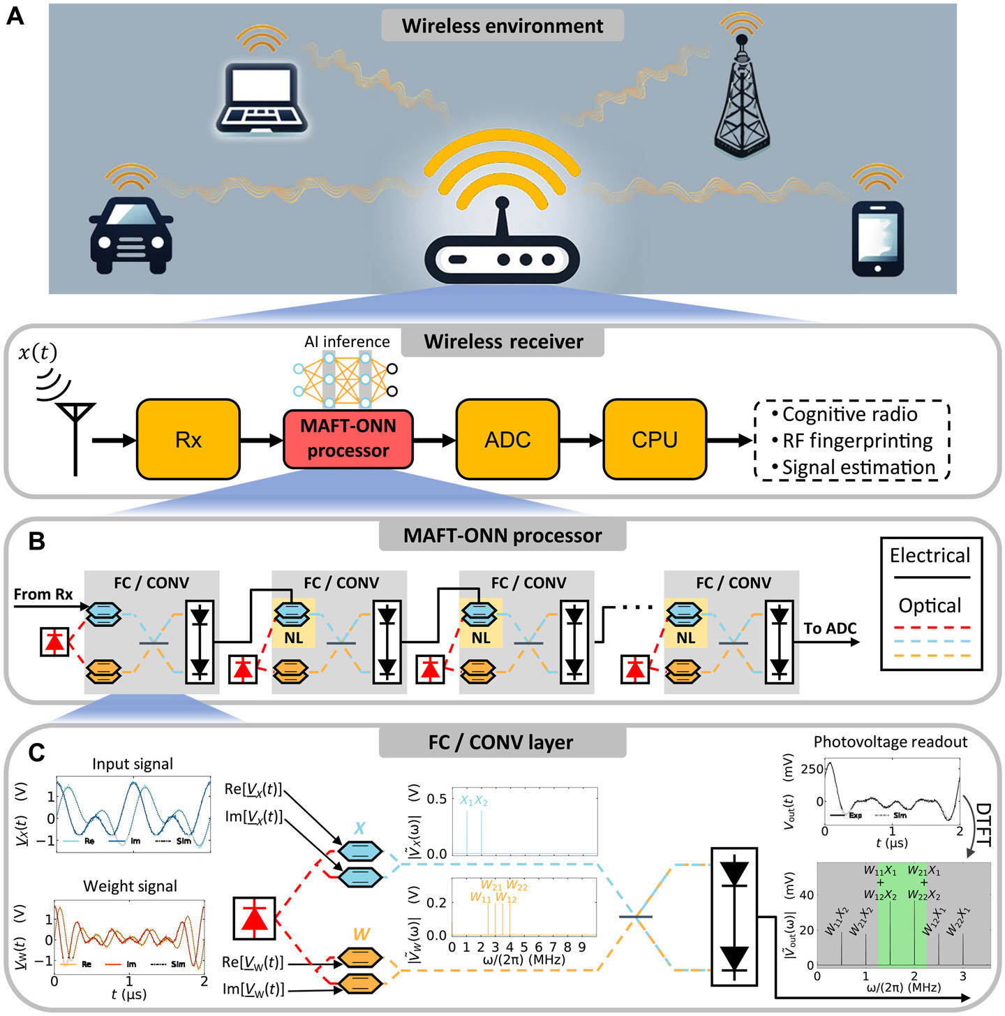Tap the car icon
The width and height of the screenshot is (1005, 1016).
pos(131,235)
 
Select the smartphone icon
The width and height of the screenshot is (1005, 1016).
pos(877,239)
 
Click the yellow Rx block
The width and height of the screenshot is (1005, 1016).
pos(188,439)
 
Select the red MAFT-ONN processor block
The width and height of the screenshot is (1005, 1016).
pos(348,439)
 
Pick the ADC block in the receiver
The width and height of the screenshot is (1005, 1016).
pos(507,439)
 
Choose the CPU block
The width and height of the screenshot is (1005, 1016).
pos(655,439)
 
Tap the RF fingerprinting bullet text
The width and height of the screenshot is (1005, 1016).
pos(857,441)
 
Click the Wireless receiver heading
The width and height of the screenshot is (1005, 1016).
pos(503,341)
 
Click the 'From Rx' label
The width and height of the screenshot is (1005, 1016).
pos(43,594)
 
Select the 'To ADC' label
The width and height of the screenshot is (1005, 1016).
pos(829,628)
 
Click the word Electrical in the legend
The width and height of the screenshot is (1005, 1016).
pos(930,556)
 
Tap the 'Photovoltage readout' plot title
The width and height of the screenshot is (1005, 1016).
pos(890,742)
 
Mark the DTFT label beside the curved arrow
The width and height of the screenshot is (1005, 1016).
pos(983,824)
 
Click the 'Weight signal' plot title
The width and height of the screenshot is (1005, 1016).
pos(130,886)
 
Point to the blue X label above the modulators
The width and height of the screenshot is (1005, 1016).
pos(359,829)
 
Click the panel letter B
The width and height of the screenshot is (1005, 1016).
pos(36,541)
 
